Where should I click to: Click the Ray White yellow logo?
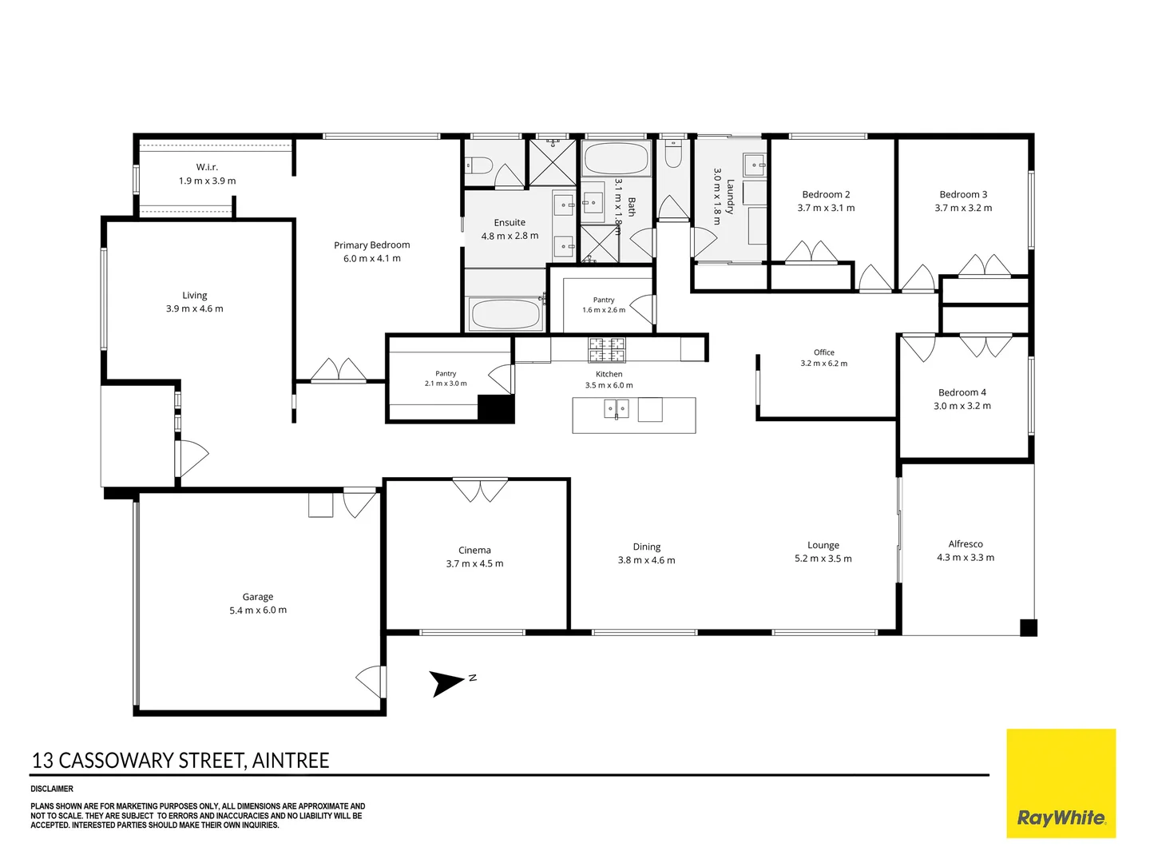click(1061, 783)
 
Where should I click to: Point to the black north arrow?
click(446, 683)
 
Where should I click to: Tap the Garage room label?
click(258, 596)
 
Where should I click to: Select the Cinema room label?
click(474, 550)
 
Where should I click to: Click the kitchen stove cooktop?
click(607, 350)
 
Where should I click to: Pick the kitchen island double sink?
click(616, 408)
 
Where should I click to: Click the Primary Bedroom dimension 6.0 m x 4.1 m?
click(372, 258)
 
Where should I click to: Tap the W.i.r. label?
click(207, 167)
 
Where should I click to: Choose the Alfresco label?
click(966, 544)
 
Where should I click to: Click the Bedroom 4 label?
click(962, 392)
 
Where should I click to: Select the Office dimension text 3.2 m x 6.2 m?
click(823, 363)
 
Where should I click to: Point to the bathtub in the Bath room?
click(616, 158)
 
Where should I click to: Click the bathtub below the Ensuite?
click(506, 314)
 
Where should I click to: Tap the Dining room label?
click(647, 547)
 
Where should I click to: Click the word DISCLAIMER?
click(52, 789)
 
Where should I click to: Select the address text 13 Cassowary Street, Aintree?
click(180, 760)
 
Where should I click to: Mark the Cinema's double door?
click(480, 490)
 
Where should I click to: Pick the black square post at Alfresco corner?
click(1029, 628)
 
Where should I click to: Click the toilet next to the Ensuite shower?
click(479, 166)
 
